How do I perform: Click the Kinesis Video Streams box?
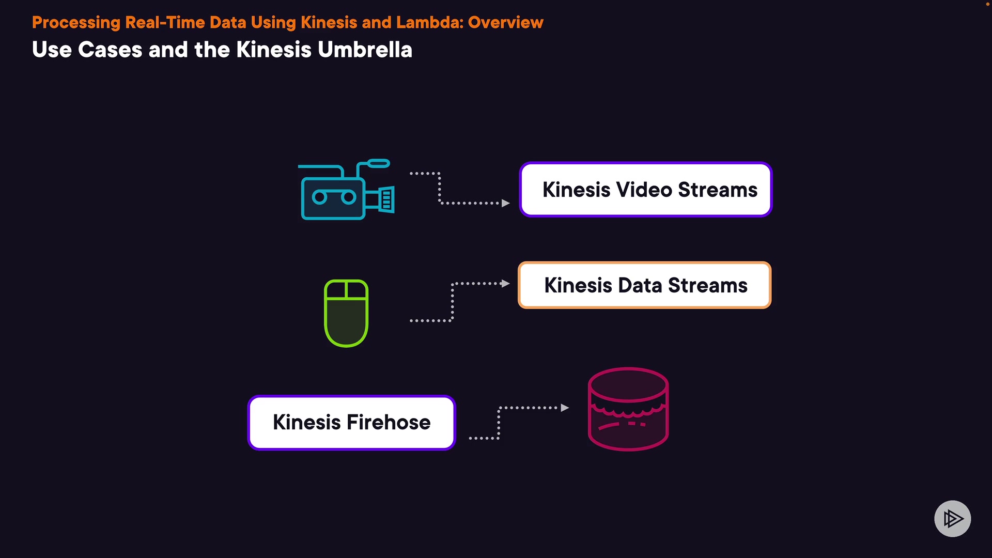click(x=645, y=190)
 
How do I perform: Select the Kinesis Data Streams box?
click(x=644, y=285)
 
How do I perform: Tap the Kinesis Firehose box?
click(x=351, y=423)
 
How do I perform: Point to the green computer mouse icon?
click(x=346, y=313)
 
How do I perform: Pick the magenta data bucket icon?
click(x=628, y=409)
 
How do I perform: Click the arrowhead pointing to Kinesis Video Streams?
click(x=506, y=203)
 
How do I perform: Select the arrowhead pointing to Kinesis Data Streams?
click(x=505, y=284)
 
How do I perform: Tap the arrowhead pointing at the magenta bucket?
click(x=565, y=408)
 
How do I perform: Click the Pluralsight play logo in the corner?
click(x=952, y=518)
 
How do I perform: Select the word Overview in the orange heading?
click(x=505, y=23)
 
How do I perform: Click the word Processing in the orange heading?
click(x=76, y=23)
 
